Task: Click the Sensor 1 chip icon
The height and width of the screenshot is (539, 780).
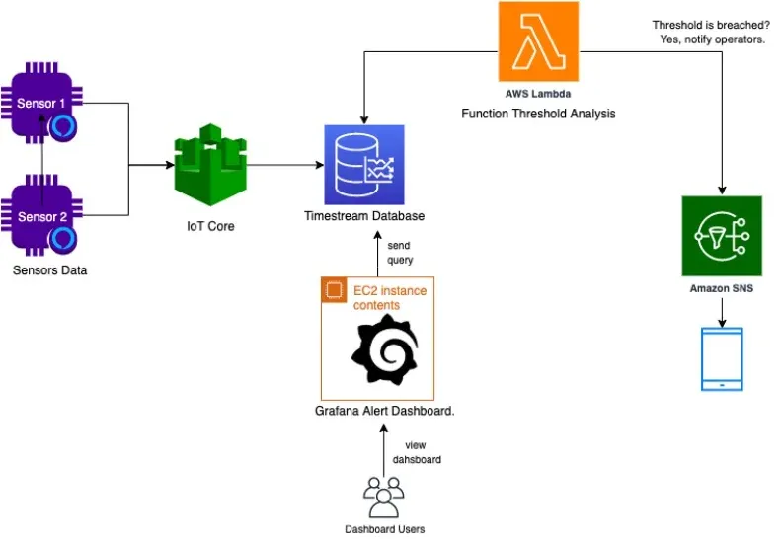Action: tap(41, 104)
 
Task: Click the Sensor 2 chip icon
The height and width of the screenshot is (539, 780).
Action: tap(41, 216)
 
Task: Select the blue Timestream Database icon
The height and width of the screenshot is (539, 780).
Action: tap(364, 164)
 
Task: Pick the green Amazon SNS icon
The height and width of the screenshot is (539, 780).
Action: tap(722, 236)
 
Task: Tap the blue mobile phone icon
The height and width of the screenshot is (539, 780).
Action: tap(721, 358)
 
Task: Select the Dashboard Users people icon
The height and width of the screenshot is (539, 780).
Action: tap(384, 496)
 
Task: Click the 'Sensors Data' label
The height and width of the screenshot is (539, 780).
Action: tap(50, 269)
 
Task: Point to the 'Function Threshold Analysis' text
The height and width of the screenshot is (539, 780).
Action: tap(538, 114)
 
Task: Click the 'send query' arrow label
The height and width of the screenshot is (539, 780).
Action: tap(400, 252)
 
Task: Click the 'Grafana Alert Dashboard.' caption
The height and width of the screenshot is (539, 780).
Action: tap(384, 410)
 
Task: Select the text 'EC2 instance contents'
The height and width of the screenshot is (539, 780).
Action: tap(388, 298)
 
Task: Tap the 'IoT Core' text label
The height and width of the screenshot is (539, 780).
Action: tap(210, 226)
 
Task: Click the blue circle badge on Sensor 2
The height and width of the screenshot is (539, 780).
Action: tap(64, 238)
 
